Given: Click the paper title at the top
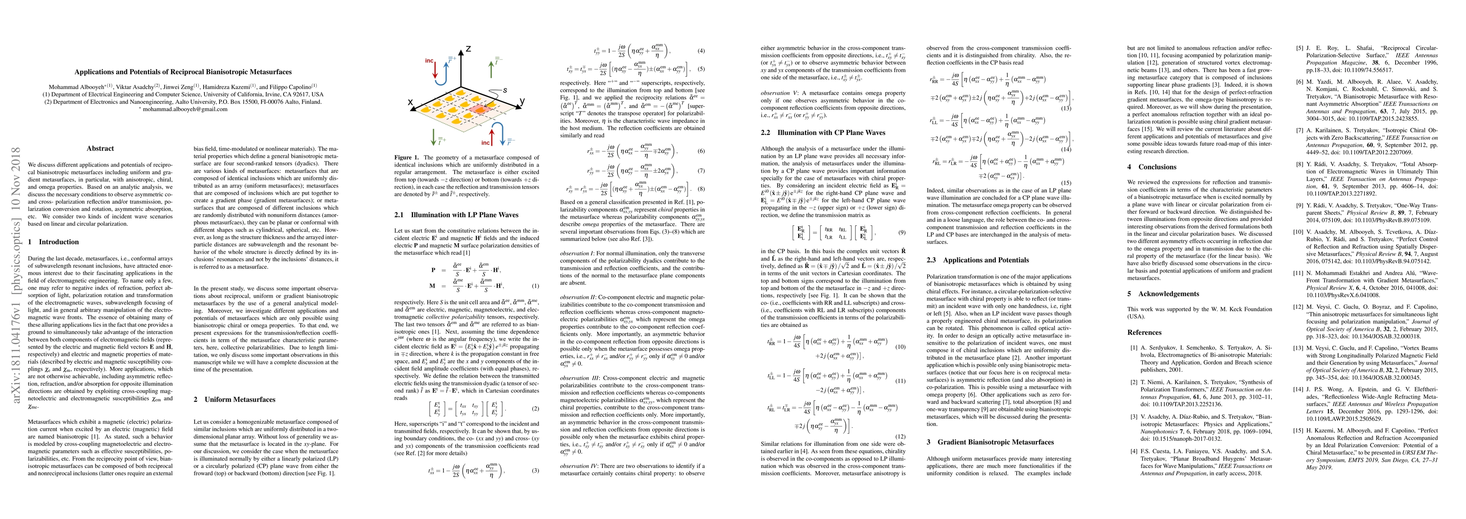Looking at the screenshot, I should pos(183,72).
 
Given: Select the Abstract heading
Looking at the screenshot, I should pos(100,149).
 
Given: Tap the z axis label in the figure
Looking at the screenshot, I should pos(469,50).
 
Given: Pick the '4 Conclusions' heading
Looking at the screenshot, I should pos(1152,167).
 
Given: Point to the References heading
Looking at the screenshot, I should pos(1144,333).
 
